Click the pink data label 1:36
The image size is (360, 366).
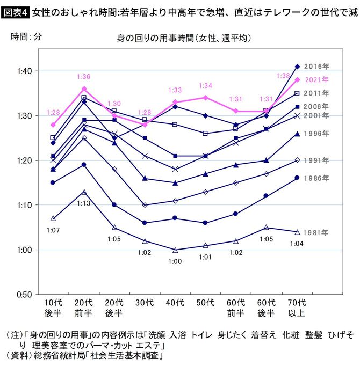pos(84,77)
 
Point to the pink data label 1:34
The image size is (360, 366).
pos(206,86)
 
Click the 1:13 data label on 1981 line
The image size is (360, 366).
pos(83,203)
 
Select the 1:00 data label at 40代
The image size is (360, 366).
pos(175,261)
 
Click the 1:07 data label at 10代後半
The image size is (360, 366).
pos(53,230)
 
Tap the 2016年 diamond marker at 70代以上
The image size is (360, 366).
pos(298,67)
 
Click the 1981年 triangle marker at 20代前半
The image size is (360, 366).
pos(83,192)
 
